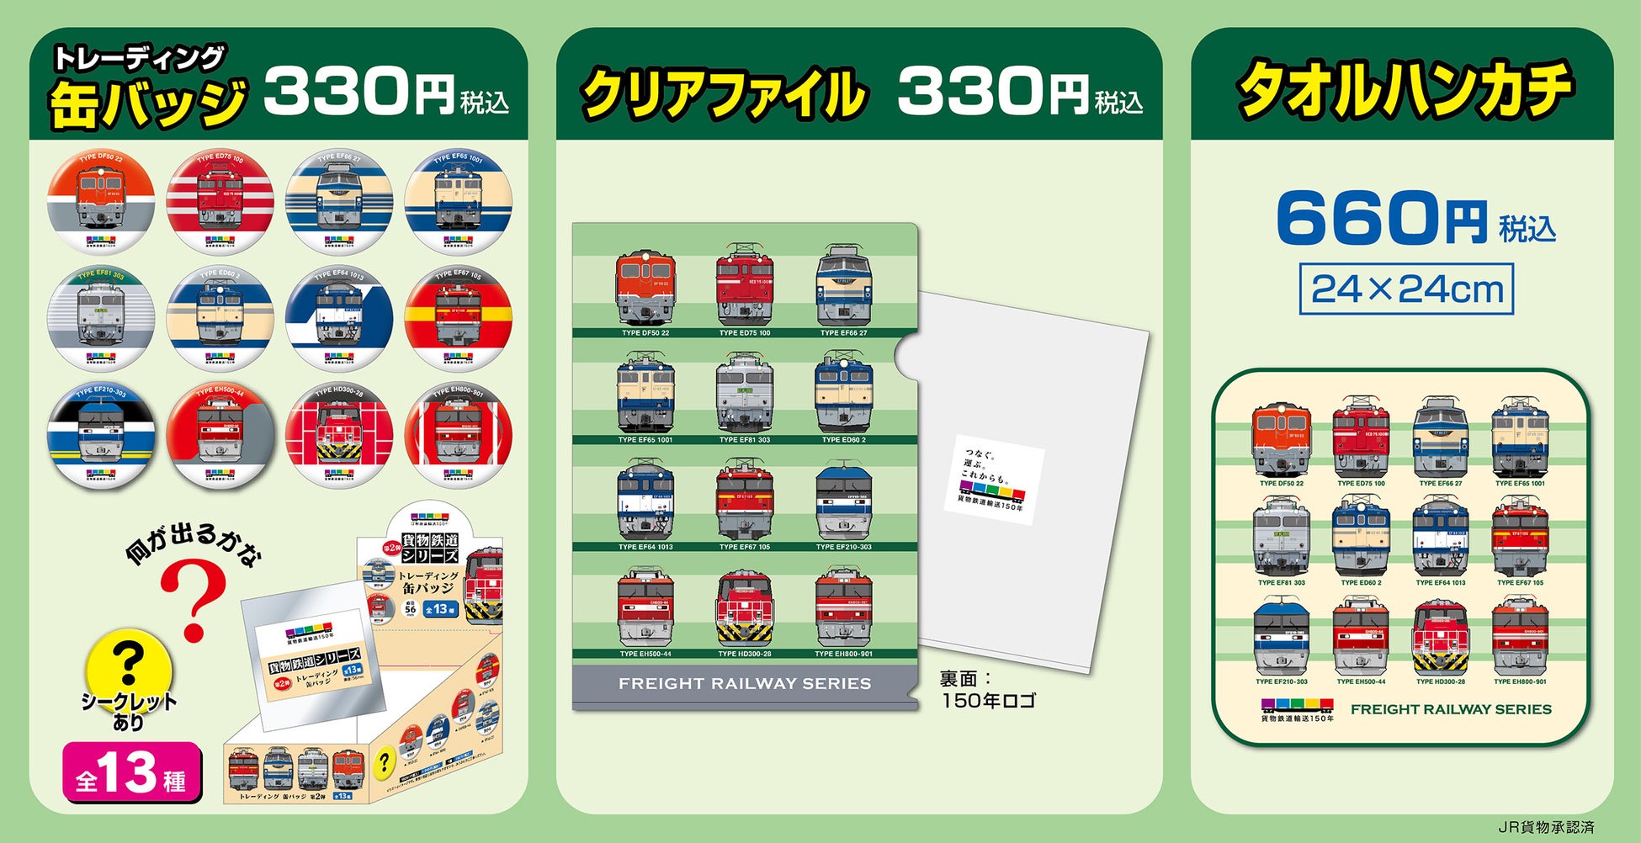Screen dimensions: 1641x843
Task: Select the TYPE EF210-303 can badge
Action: pyautogui.click(x=100, y=437)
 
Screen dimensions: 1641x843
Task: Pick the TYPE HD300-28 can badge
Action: pyautogui.click(x=338, y=437)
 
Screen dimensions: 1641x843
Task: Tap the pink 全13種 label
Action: pyautogui.click(x=131, y=772)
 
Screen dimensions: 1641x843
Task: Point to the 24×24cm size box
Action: pyautogui.click(x=1406, y=289)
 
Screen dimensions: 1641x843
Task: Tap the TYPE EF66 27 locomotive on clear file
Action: pyautogui.click(x=844, y=286)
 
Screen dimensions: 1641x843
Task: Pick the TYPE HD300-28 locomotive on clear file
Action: pyautogui.click(x=744, y=607)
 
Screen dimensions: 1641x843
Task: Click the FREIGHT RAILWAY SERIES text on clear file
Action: pyautogui.click(x=744, y=684)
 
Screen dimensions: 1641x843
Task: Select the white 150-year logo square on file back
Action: pyautogui.click(x=993, y=480)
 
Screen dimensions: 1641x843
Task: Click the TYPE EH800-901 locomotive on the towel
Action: pyautogui.click(x=1520, y=637)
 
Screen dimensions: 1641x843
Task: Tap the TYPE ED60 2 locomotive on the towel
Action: pyautogui.click(x=1361, y=538)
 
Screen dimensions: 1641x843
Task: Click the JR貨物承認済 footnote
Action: pyautogui.click(x=1546, y=828)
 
